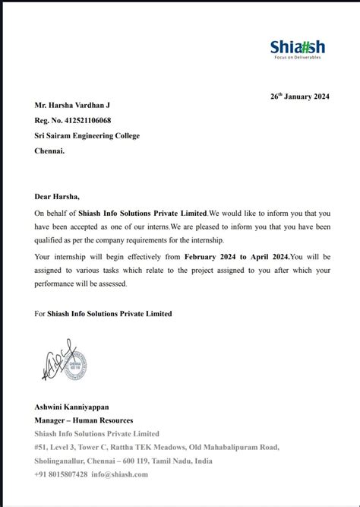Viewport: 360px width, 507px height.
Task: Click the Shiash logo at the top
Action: click(295, 46)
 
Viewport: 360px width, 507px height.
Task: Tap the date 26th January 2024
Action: click(299, 97)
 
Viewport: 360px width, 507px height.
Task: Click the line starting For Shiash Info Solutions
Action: click(103, 313)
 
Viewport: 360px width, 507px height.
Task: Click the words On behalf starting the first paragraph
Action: click(51, 214)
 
